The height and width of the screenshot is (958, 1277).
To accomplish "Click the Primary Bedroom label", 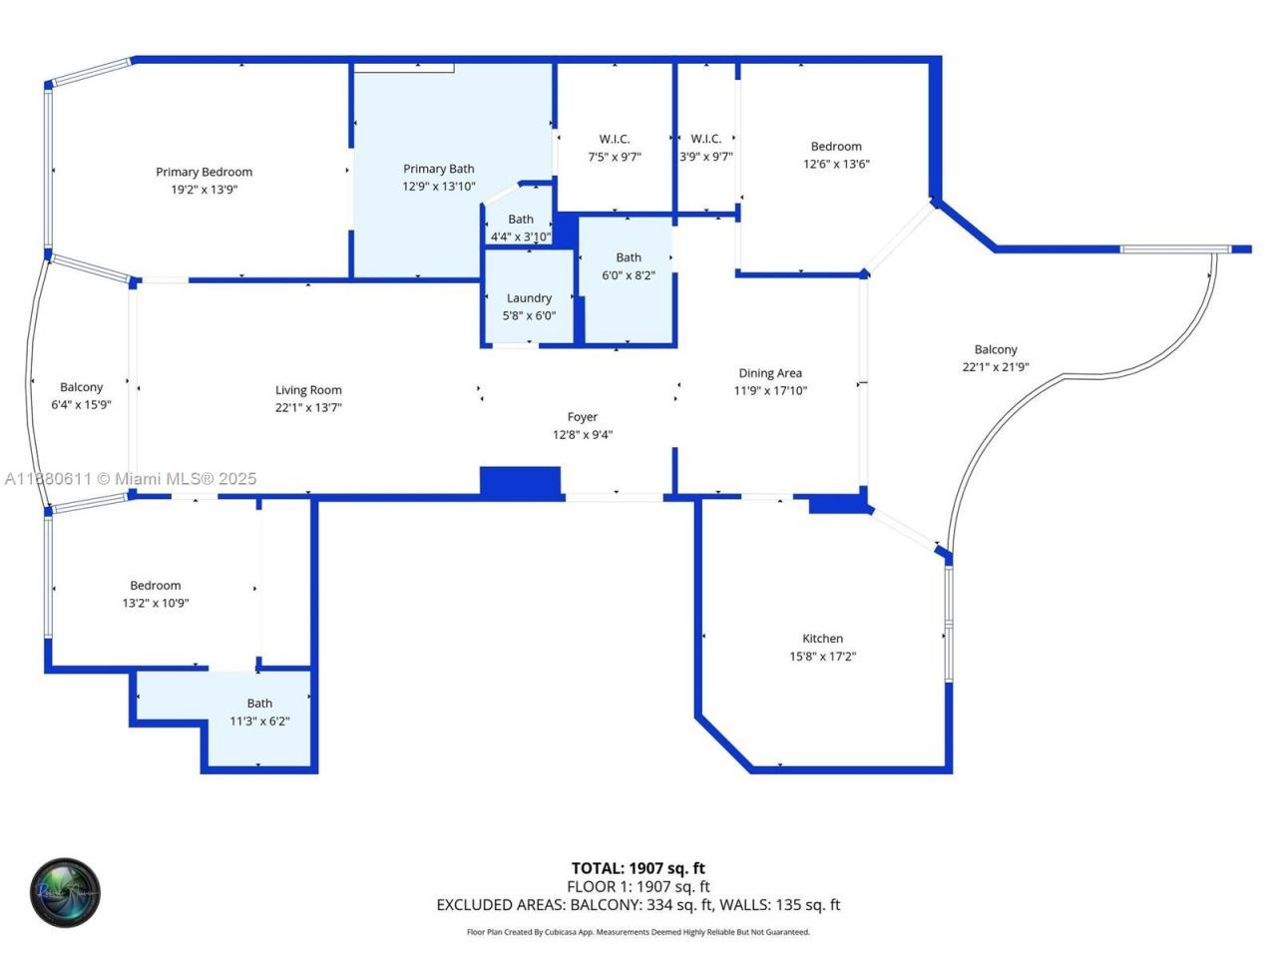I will pos(204,172).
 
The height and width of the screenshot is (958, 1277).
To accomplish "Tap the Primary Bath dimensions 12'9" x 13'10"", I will pos(439,187).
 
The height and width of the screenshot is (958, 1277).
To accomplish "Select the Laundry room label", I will pos(529,298).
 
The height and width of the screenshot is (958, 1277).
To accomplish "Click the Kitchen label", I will pos(822,639).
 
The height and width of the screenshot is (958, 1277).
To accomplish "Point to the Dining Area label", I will pos(770,373).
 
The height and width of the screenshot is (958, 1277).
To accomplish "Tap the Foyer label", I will pos(583,417).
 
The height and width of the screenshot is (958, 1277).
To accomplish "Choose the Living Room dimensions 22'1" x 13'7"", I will pos(308,407).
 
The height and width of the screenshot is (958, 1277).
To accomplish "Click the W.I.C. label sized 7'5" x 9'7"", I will pos(615,139).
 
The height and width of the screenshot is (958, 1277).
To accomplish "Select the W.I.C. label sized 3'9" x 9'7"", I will pos(705,139).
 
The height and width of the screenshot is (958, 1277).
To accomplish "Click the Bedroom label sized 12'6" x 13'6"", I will pos(836,147).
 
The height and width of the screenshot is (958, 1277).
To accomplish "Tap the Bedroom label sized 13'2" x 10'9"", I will pos(156,586).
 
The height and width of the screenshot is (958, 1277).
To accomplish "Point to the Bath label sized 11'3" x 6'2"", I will pos(259,704).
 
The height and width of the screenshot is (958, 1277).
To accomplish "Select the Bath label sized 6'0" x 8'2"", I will pos(629,257).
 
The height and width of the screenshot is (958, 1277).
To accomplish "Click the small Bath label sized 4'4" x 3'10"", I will pos(521,220).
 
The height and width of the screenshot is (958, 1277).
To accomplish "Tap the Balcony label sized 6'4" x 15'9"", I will pos(81,387).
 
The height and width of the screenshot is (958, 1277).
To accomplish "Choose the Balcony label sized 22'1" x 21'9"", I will pos(996,349).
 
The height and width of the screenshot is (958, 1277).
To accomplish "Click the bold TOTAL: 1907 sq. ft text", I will pos(638,868).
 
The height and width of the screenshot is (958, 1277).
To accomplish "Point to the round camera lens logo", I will pos(65,891).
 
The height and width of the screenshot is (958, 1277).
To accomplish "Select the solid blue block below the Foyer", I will pos(520,481).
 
